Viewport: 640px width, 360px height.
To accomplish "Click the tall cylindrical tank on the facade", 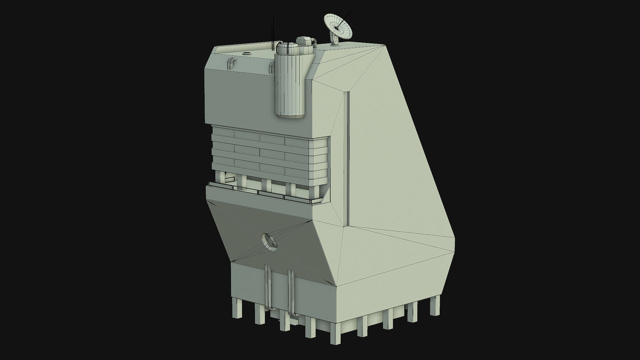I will pyautogui.click(x=290, y=83).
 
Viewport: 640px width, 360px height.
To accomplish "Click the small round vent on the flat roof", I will pyautogui.click(x=246, y=54).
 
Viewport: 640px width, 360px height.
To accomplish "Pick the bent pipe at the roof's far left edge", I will pyautogui.click(x=231, y=63).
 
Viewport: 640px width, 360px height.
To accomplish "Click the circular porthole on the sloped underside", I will pyautogui.click(x=270, y=242).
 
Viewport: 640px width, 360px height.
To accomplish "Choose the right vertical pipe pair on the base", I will pyautogui.click(x=291, y=292).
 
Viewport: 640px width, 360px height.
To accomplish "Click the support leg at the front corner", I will pyautogui.click(x=335, y=333).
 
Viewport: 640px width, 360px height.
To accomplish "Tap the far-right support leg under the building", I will pyautogui.click(x=435, y=305).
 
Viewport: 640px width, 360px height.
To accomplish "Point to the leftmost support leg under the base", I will pyautogui.click(x=237, y=308).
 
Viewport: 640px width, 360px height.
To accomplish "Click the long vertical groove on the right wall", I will pyautogui.click(x=347, y=157).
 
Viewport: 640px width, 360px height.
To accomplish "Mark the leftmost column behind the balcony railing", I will pyautogui.click(x=220, y=177).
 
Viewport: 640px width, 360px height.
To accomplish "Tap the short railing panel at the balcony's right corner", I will pyautogui.click(x=317, y=201).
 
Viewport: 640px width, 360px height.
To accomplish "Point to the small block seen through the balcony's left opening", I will pyautogui.click(x=230, y=180).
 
